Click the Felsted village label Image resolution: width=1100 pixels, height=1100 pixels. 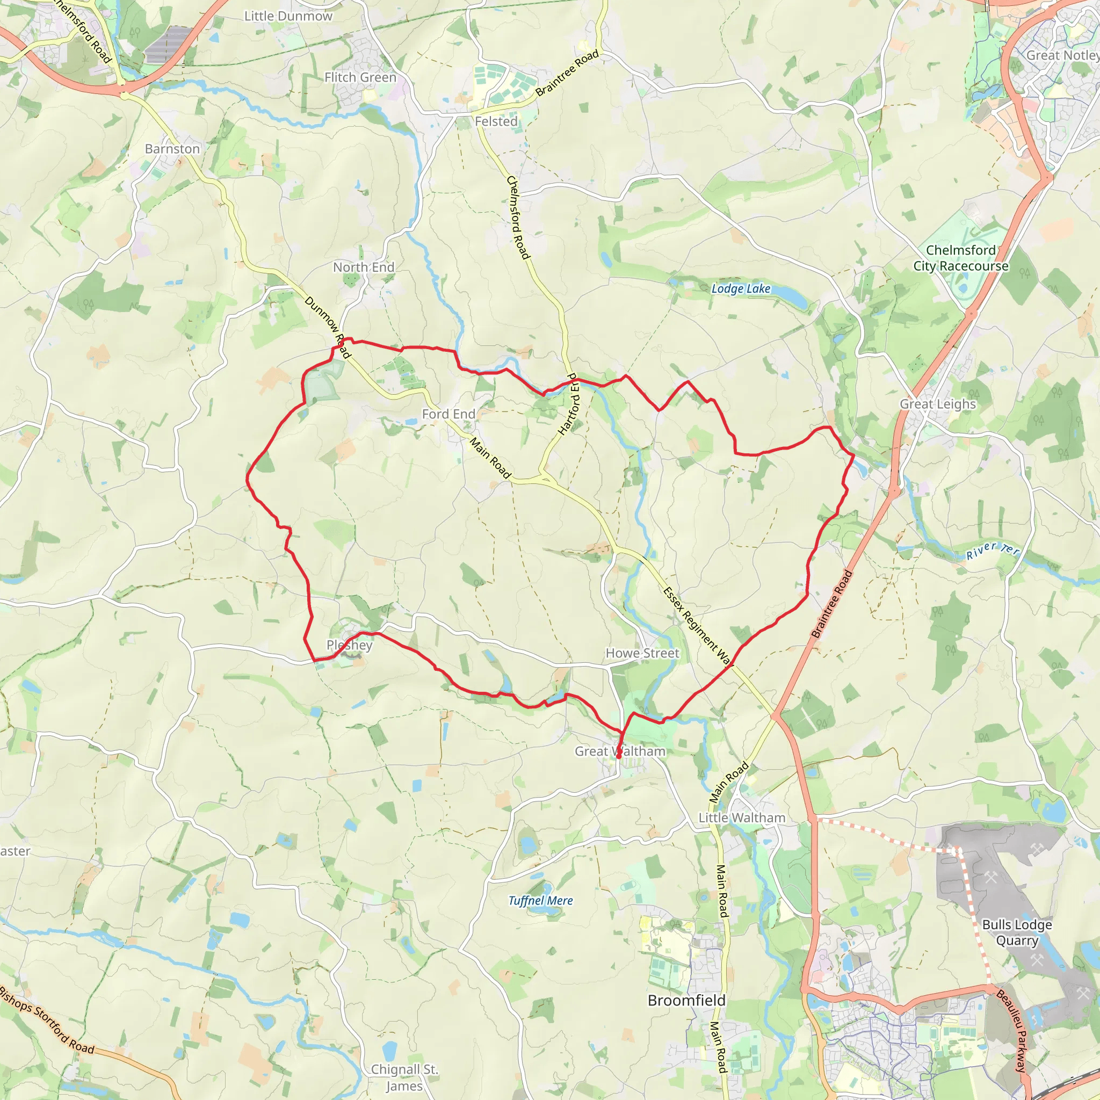click(496, 121)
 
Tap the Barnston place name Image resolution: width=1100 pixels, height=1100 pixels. click(172, 149)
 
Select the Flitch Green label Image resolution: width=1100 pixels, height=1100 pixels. click(360, 77)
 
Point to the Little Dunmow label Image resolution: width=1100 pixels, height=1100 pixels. click(288, 16)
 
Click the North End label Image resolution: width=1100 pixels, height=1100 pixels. click(364, 267)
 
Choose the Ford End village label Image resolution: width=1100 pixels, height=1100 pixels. click(448, 414)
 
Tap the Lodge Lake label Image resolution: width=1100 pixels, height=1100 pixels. click(741, 288)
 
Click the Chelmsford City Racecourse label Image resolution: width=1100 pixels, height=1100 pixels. click(960, 258)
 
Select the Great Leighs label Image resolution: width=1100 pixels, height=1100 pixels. click(938, 404)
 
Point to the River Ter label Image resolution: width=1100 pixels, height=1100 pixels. click(992, 551)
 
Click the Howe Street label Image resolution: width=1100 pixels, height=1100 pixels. click(642, 653)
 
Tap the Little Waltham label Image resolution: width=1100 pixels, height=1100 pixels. click(742, 817)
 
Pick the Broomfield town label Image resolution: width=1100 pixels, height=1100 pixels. click(686, 1000)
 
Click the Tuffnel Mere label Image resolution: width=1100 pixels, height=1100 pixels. click(540, 900)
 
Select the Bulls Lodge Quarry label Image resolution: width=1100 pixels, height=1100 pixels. click(1017, 932)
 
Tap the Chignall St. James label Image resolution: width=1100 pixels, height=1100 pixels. click(404, 1078)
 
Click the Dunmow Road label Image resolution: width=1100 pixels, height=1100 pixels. click(328, 328)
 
